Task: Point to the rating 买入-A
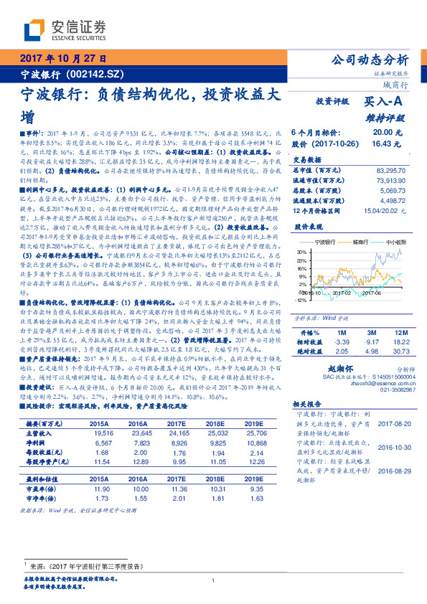click(388, 103)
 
